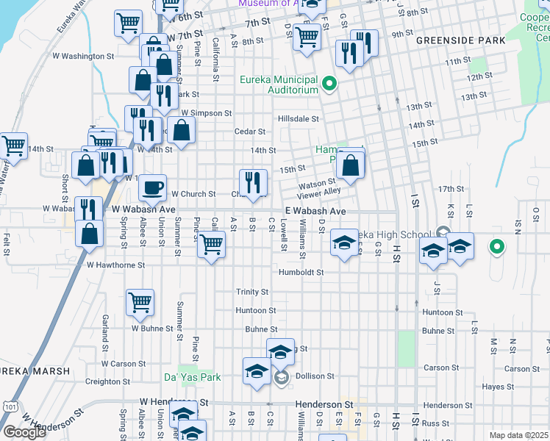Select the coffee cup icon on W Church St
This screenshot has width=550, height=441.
tap(153, 187)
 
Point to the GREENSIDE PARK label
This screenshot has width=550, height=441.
tap(461, 41)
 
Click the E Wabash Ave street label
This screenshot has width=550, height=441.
tap(315, 211)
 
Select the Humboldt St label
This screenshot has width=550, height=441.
tap(301, 273)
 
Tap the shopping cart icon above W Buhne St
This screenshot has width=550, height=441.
tap(140, 301)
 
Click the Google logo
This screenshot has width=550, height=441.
tap(24, 432)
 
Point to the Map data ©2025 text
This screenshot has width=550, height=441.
tap(518, 435)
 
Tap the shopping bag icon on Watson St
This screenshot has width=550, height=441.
tap(351, 166)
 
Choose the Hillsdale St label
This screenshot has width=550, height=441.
tap(299, 118)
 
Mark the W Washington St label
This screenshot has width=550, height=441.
tap(83, 55)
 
